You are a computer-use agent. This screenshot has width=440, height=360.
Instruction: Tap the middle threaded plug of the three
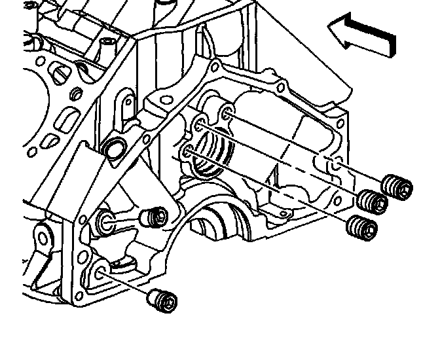[x=373, y=201]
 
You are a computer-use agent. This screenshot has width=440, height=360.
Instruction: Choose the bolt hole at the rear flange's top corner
[x=215, y=65]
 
